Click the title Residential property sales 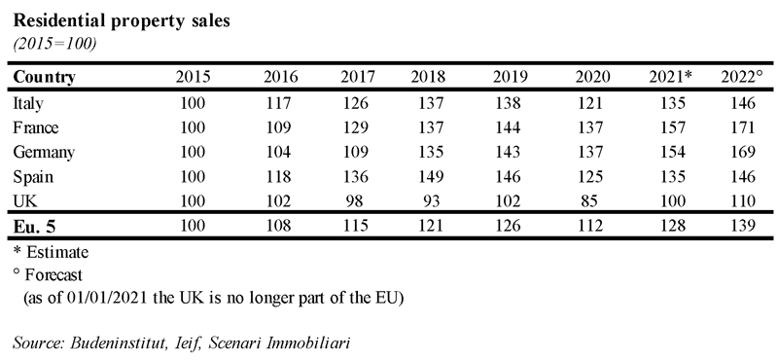click(x=122, y=21)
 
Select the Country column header click(x=44, y=78)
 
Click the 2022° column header click(x=741, y=77)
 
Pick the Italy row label click(x=28, y=103)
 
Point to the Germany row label click(x=44, y=153)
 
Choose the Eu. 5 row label click(x=34, y=226)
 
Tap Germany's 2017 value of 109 click(x=358, y=152)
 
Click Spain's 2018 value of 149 click(x=428, y=176)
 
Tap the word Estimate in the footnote click(x=57, y=252)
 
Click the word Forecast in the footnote click(x=54, y=274)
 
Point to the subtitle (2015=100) click(x=54, y=44)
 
